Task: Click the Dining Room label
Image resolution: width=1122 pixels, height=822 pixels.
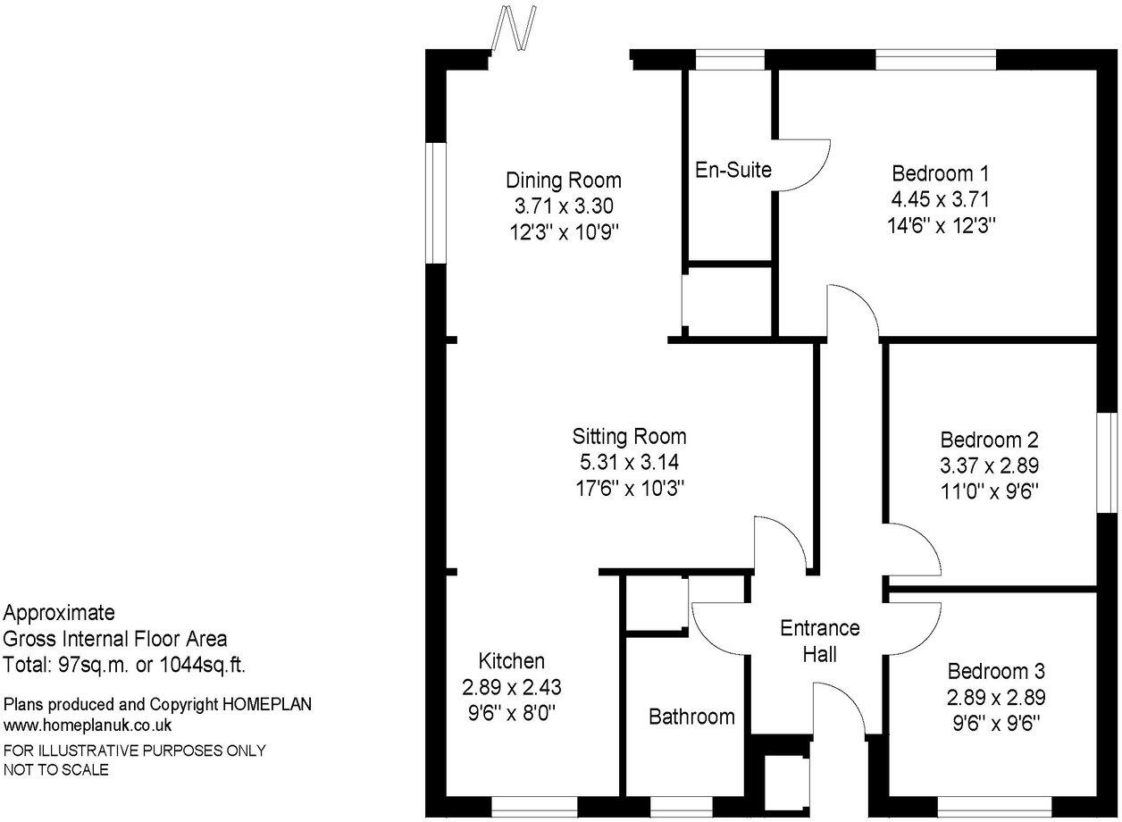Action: coord(563,180)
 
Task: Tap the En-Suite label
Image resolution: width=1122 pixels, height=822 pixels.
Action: coord(733,169)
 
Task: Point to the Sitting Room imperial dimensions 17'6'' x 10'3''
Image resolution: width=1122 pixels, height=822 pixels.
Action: coord(629,489)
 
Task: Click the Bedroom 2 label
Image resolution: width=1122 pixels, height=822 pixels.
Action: coord(989,440)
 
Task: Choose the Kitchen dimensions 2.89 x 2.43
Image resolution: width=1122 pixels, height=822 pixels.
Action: coord(511,688)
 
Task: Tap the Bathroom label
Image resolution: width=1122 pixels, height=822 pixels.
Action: coord(691,716)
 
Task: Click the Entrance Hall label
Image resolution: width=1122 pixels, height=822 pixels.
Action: coord(819,641)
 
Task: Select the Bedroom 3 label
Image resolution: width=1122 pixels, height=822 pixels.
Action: coord(996,671)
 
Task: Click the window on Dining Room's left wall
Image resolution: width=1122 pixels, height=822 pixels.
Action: coord(435,203)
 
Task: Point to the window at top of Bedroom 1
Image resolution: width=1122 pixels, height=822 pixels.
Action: coord(935,60)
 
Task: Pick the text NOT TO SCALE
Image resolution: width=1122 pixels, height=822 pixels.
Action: coord(56,769)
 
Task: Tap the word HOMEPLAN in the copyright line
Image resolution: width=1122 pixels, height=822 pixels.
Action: coord(266,705)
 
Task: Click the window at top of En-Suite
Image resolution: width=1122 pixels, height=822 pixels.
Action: coord(730,60)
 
